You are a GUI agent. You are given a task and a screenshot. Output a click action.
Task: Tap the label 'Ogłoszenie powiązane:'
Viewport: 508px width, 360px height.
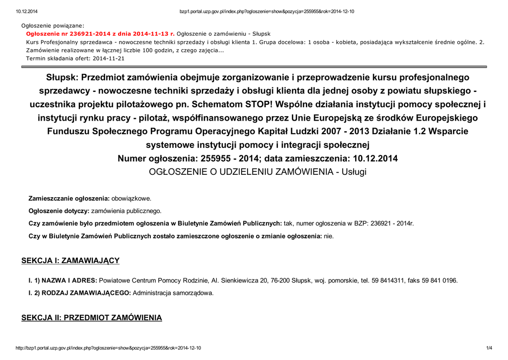(53, 25)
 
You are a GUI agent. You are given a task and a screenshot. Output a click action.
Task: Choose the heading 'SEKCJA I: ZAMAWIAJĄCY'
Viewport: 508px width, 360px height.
(70, 261)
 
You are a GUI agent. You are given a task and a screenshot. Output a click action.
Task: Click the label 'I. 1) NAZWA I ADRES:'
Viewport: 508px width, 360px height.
(63, 281)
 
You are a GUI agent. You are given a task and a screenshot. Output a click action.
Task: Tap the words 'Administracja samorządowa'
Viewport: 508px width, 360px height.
(172, 293)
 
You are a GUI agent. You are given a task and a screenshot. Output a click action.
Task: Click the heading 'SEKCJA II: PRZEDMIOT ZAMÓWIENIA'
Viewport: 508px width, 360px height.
(92, 317)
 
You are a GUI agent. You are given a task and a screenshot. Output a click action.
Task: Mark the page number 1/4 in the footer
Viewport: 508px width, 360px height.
(489, 348)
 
